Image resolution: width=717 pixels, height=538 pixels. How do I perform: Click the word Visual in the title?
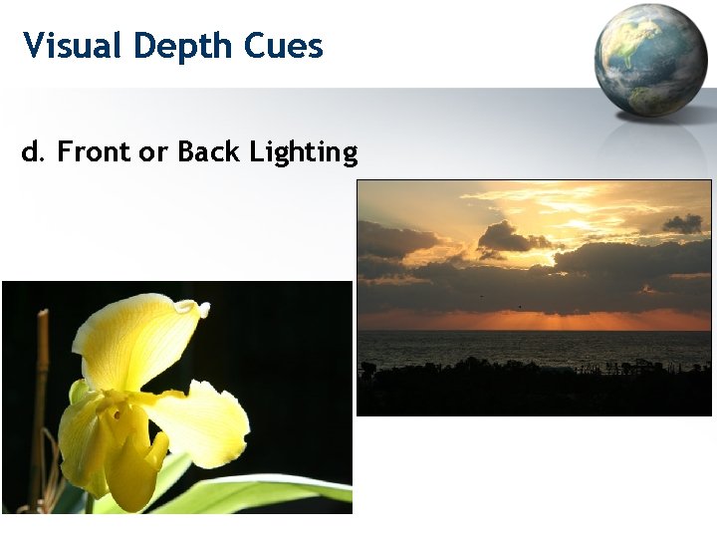pyautogui.click(x=73, y=46)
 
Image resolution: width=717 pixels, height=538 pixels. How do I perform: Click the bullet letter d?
pyautogui.click(x=33, y=151)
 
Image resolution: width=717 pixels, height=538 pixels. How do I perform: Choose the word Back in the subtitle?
pyautogui.click(x=209, y=151)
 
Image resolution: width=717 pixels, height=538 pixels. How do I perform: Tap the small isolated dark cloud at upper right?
pyautogui.click(x=683, y=223)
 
